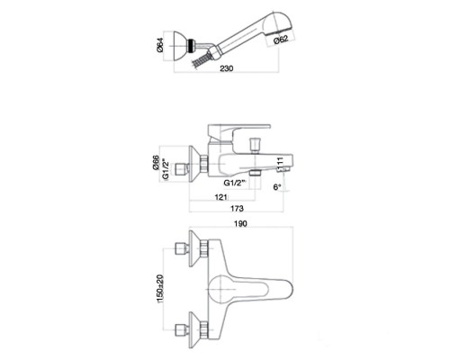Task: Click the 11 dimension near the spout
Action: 280,164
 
